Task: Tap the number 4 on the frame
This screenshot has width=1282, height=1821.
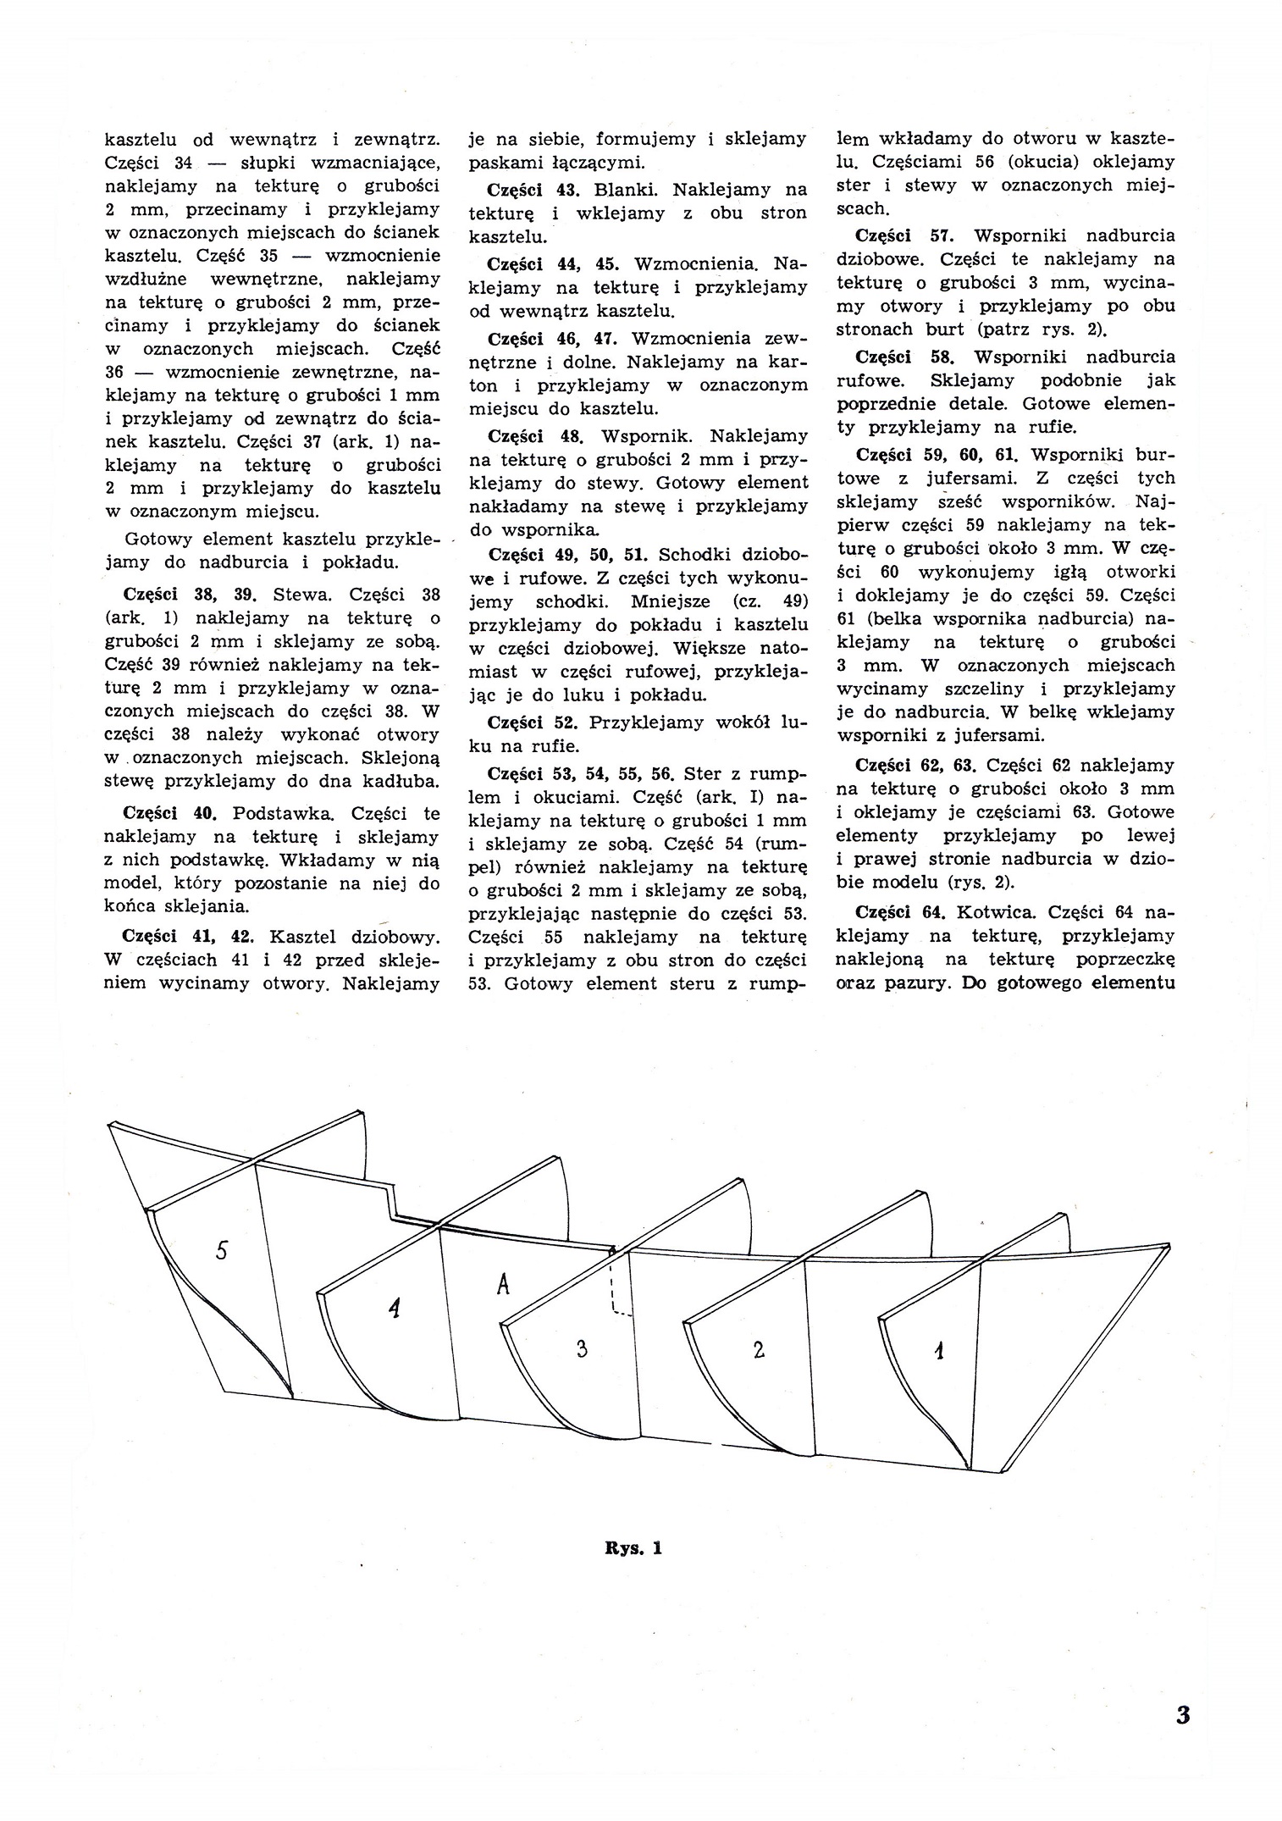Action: (x=393, y=1309)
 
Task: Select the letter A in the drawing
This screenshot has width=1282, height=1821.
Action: (x=503, y=1284)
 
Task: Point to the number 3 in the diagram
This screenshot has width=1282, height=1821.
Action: (x=581, y=1348)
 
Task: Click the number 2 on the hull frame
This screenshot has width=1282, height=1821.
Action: (x=759, y=1349)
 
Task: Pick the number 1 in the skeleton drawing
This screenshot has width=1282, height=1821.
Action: (x=938, y=1353)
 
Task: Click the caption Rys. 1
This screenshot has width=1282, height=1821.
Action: (x=633, y=1548)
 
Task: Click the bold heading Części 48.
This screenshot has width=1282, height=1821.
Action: (x=537, y=436)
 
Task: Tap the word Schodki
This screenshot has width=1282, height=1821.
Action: (x=693, y=555)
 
